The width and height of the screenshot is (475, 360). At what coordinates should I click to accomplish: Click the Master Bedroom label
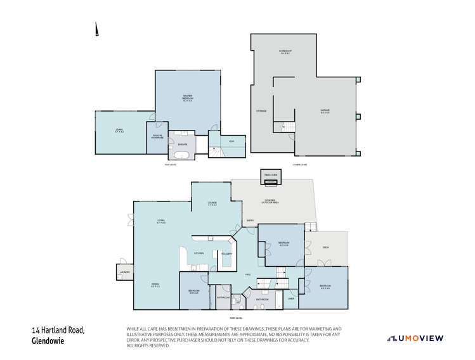(x=188, y=97)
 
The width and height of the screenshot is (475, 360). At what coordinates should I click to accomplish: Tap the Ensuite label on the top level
(x=181, y=145)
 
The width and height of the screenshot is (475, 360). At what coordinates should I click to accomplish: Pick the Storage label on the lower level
(x=261, y=111)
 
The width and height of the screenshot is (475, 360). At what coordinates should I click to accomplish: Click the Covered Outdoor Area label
(x=273, y=202)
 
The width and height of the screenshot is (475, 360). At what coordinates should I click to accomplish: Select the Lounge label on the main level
(x=212, y=203)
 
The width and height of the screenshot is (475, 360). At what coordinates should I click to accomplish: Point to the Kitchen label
(x=198, y=254)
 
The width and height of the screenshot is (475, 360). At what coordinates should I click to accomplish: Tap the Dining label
(x=155, y=285)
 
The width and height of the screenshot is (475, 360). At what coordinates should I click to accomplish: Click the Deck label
(x=325, y=247)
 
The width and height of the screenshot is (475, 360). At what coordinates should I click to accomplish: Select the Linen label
(x=291, y=298)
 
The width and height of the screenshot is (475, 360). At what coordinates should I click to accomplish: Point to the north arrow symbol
(x=96, y=30)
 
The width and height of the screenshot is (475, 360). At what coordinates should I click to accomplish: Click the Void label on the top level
(x=232, y=141)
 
